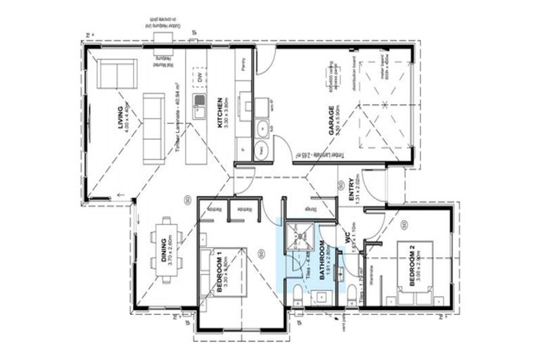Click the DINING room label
click(166, 249)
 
